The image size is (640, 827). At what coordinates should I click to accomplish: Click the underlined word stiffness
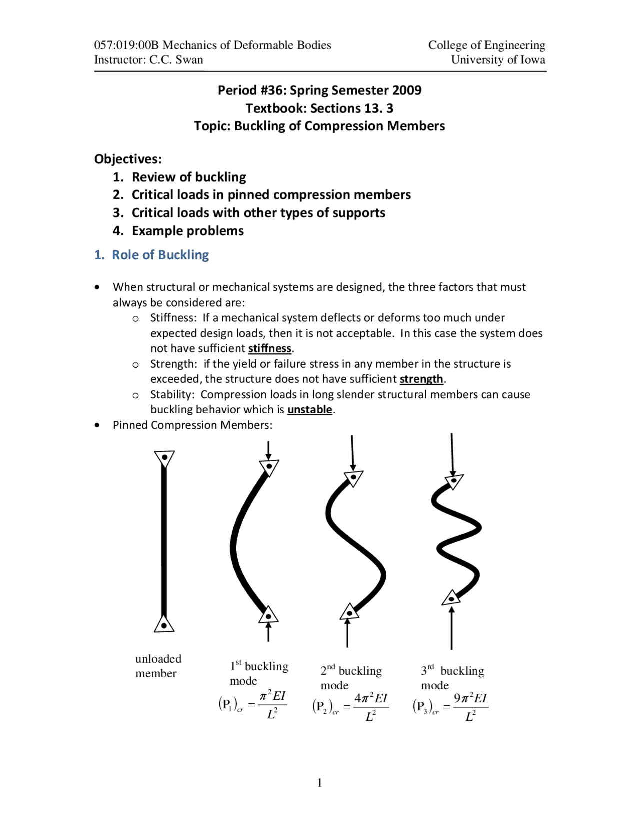pyautogui.click(x=269, y=348)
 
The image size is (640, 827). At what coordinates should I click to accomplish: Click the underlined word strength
pyautogui.click(x=421, y=379)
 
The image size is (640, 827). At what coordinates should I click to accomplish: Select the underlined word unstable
pyautogui.click(x=310, y=409)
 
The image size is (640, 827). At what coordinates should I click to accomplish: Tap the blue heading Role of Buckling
pyautogui.click(x=160, y=255)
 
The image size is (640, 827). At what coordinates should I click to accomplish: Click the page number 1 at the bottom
pyautogui.click(x=319, y=782)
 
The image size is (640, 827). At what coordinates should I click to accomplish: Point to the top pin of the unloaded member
pyautogui.click(x=164, y=457)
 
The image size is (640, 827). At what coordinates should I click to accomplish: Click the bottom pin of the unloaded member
pyautogui.click(x=164, y=625)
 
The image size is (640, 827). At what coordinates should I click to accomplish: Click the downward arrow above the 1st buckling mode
pyautogui.click(x=269, y=451)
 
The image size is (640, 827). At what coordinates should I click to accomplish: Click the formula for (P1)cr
pyautogui.click(x=252, y=705)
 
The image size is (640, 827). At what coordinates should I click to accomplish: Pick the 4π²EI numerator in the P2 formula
pyautogui.click(x=371, y=698)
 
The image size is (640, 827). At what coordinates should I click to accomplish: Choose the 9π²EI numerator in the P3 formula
pyautogui.click(x=470, y=698)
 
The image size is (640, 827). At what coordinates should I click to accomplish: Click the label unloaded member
pyautogui.click(x=158, y=666)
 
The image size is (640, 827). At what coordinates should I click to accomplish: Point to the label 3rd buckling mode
pyautogui.click(x=452, y=677)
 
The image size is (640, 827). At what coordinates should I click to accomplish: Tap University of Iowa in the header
pyautogui.click(x=498, y=60)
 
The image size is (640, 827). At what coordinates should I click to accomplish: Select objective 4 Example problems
pyautogui.click(x=187, y=231)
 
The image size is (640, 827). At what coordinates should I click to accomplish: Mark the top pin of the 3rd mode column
pyautogui.click(x=453, y=481)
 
